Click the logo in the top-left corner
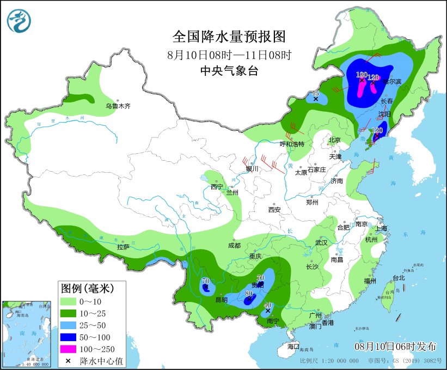(x=19, y=20)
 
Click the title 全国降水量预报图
(x=229, y=37)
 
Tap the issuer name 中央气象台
(x=229, y=70)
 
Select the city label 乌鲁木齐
(x=118, y=106)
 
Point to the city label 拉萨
(x=123, y=247)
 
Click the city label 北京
(x=334, y=140)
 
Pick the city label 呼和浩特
(x=292, y=144)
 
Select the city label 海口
(x=293, y=346)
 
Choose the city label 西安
(x=274, y=209)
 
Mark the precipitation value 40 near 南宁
(x=267, y=306)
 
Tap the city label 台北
(x=399, y=277)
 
